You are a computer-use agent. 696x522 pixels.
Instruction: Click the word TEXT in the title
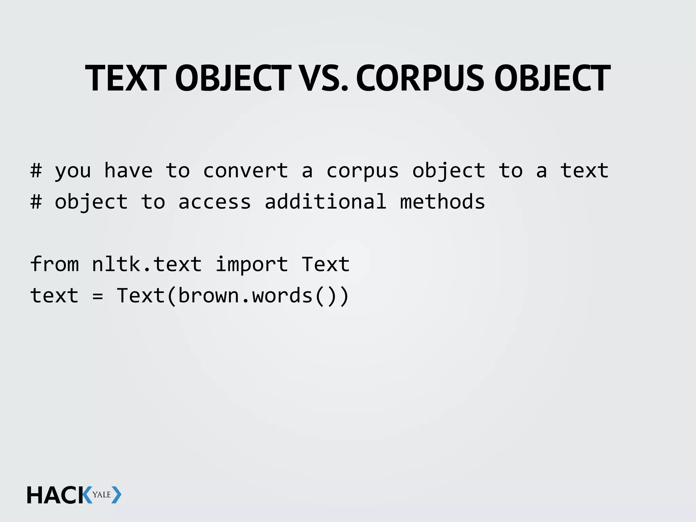click(126, 79)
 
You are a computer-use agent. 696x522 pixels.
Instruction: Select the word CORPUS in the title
click(420, 79)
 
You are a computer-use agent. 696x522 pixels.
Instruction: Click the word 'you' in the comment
click(73, 171)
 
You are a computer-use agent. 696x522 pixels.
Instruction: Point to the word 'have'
click(128, 170)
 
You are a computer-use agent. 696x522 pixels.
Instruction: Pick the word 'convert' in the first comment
click(245, 170)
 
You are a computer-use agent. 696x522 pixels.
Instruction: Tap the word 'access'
click(214, 202)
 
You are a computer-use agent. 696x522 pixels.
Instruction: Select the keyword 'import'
click(251, 264)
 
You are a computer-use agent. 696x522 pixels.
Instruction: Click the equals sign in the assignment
click(98, 296)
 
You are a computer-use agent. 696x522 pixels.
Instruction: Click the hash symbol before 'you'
click(36, 170)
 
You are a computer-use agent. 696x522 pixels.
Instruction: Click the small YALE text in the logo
click(102, 494)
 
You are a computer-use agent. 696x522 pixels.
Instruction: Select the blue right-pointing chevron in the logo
click(116, 495)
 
